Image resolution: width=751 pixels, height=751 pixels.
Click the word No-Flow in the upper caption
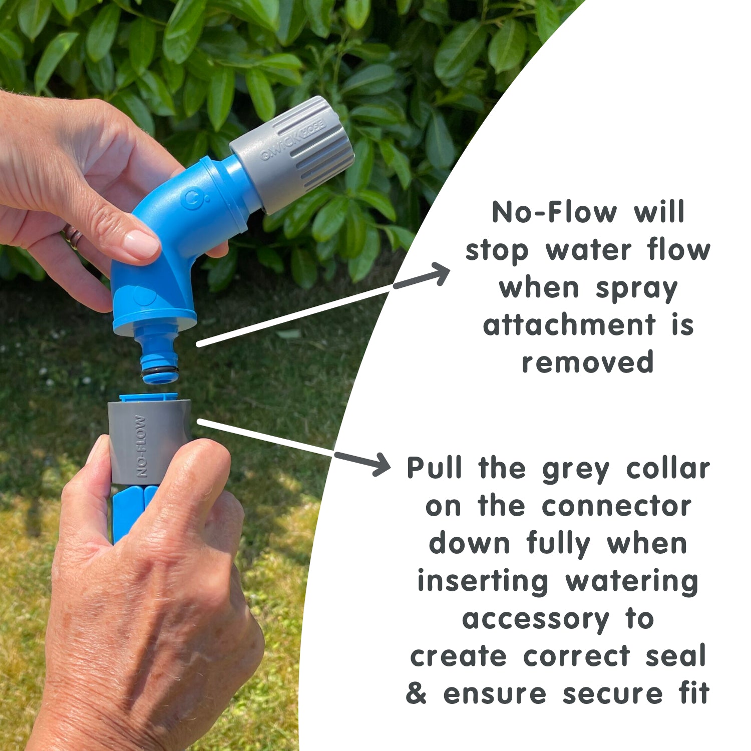point(554,212)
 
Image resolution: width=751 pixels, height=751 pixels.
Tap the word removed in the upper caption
point(588,362)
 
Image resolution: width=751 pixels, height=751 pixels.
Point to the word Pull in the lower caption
point(434,468)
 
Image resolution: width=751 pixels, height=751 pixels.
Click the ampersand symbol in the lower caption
point(416,693)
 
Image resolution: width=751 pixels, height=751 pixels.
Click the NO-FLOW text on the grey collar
point(141,446)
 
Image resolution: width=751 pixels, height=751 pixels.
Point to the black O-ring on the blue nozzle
point(160,371)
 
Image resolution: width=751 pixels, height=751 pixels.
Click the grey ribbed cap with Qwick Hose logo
point(293,154)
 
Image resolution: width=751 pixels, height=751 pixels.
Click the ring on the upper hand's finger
point(72,236)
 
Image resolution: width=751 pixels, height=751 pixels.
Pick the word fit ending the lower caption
point(694,693)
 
